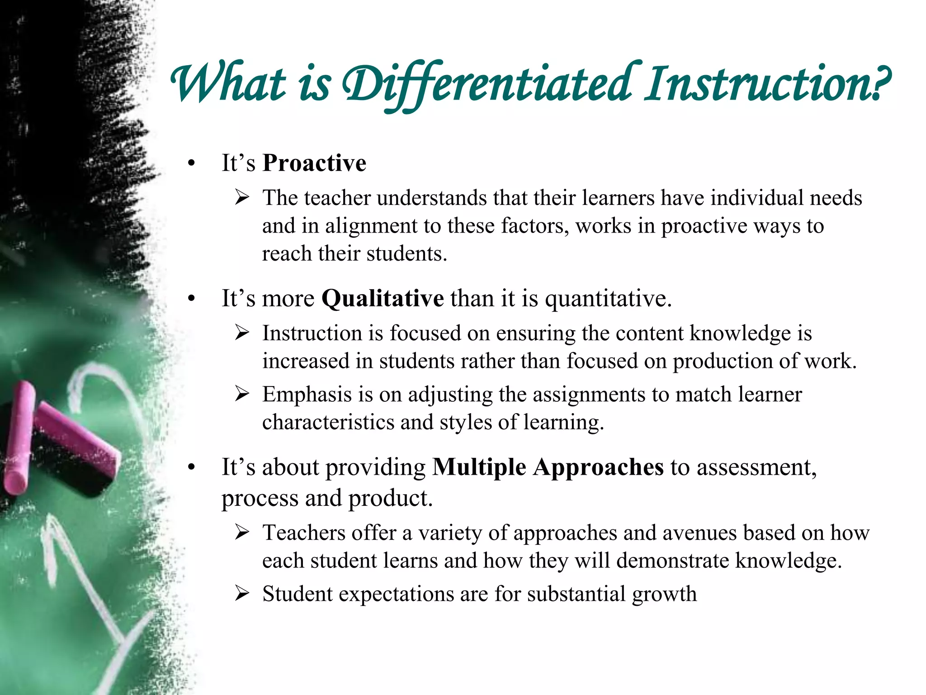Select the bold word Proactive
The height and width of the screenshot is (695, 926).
(314, 163)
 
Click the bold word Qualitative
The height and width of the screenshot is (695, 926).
(383, 299)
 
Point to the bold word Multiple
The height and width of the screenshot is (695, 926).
(479, 467)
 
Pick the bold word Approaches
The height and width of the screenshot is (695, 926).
(598, 468)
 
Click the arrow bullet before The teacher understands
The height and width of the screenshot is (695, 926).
(242, 198)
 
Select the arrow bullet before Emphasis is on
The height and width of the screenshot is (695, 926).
(242, 394)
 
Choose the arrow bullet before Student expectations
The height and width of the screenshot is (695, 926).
(242, 594)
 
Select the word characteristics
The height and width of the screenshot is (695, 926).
(328, 422)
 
